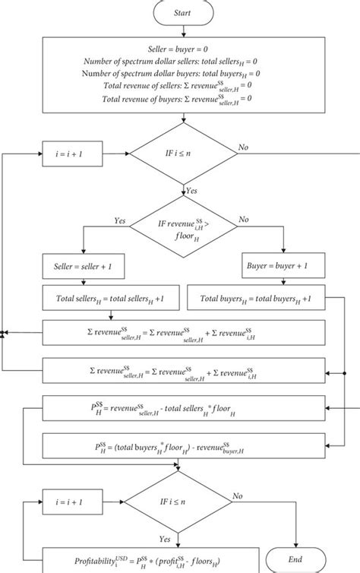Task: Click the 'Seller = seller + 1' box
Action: (x=88, y=268)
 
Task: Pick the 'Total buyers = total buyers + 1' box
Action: (x=258, y=300)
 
